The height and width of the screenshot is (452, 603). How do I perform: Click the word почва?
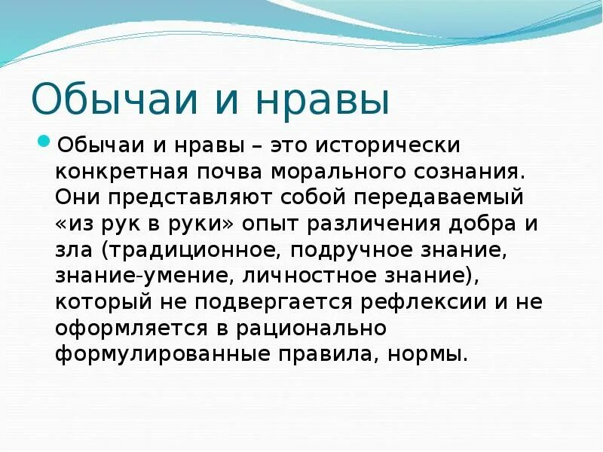pos(224,170)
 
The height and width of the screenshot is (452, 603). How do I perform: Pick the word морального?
pos(326,170)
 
